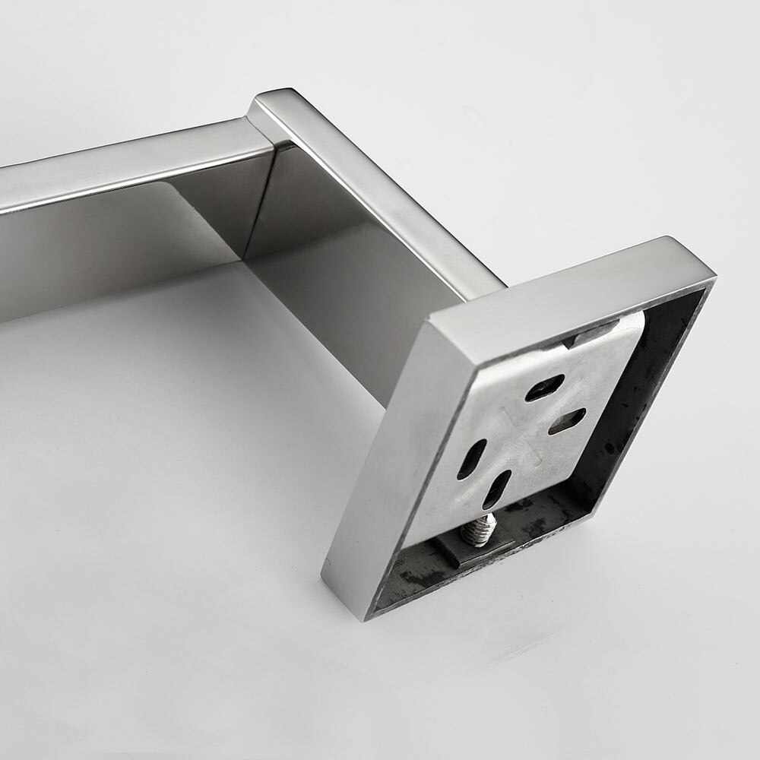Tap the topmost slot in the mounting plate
click(545, 387)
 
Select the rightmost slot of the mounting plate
click(567, 421)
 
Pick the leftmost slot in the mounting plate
click(471, 459)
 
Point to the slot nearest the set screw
click(496, 489)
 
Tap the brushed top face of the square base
click(570, 281)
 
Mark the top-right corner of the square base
click(711, 270)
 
